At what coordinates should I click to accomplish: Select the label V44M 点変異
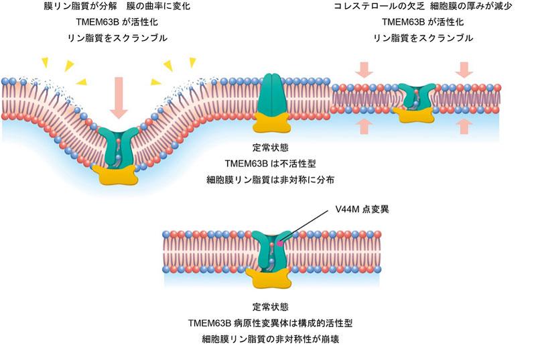(362, 208)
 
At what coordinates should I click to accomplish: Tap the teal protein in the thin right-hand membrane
(417, 97)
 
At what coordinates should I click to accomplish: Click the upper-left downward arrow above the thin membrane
(364, 69)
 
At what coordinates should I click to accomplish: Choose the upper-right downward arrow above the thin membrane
(464, 69)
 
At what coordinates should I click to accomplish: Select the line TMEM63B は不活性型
(271, 163)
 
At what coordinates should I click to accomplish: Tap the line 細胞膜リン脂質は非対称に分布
(271, 179)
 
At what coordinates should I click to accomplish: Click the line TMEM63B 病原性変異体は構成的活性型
(271, 323)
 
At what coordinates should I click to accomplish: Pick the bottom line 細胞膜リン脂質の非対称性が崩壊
(271, 339)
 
